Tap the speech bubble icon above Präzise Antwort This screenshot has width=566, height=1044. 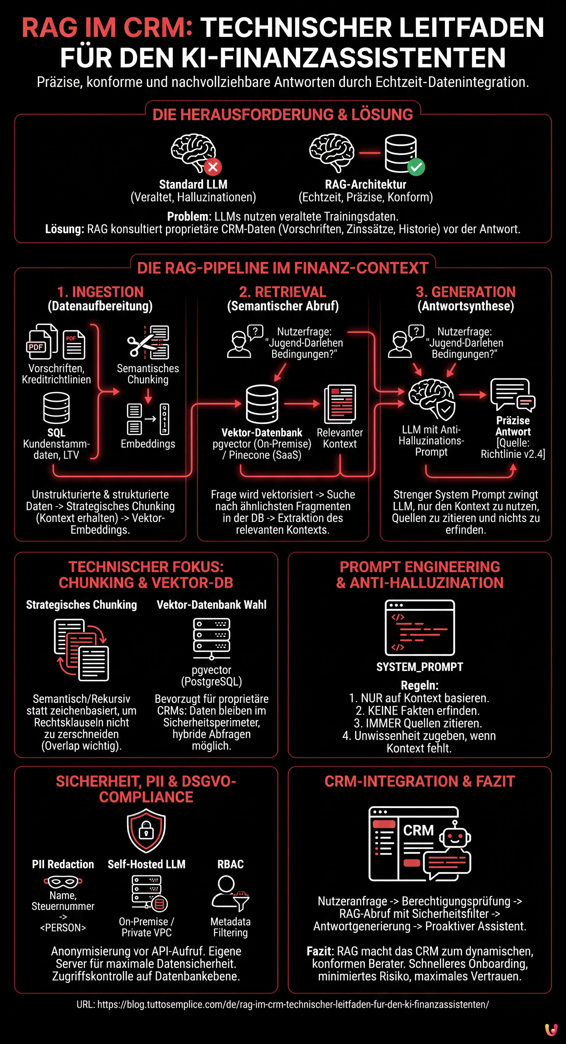pyautogui.click(x=512, y=394)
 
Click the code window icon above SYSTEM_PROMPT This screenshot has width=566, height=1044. pyautogui.click(x=420, y=627)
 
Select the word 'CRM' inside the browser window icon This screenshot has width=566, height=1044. pyautogui.click(x=418, y=830)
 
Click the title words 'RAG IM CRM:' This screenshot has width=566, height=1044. pyautogui.click(x=107, y=27)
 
